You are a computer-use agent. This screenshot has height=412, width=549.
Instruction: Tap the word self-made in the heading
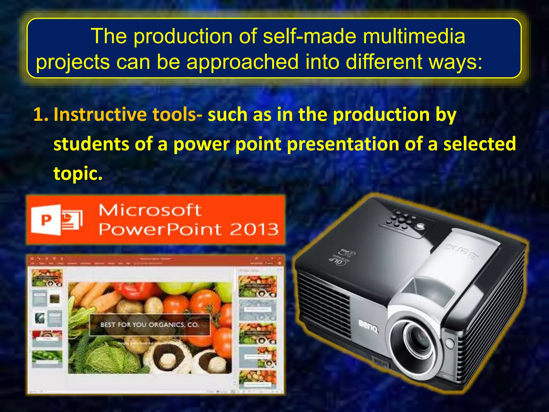pos(309,36)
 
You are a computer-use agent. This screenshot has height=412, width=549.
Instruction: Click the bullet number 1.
pos(40,115)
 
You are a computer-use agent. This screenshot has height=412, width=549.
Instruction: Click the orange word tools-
pos(177,115)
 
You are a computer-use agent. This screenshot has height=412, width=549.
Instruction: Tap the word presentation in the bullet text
pos(343,144)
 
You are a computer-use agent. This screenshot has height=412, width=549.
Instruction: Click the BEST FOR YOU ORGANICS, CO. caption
pos(150,325)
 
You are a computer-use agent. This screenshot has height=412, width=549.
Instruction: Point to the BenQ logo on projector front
pos(369,326)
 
